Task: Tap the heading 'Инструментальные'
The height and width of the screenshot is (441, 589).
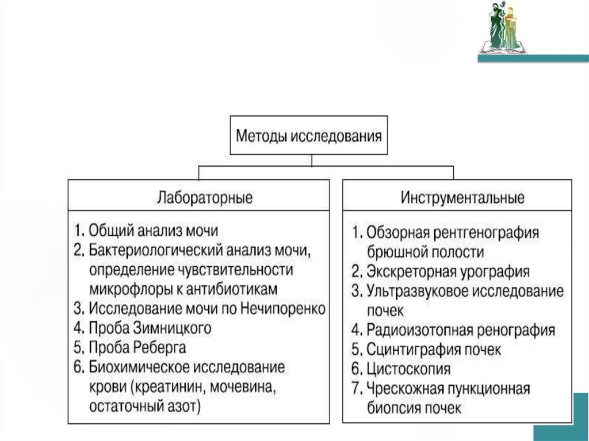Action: tap(463, 198)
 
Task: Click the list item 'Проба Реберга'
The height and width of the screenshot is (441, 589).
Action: tap(137, 347)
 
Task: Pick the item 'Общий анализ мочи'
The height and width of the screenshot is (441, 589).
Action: tap(154, 231)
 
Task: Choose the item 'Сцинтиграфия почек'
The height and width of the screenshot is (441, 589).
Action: tap(434, 349)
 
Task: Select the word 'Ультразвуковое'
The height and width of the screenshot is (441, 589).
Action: tap(418, 291)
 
